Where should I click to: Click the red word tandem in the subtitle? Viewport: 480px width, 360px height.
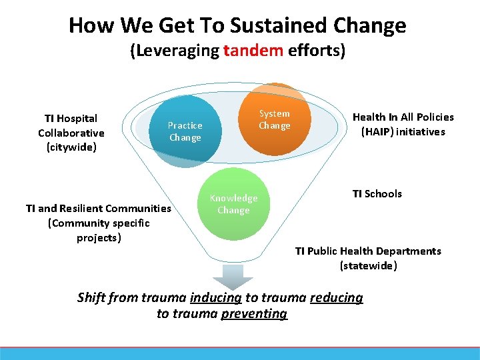coord(253,51)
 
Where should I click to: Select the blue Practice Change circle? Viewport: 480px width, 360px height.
coord(185,131)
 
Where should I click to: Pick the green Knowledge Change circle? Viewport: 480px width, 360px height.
coord(233,204)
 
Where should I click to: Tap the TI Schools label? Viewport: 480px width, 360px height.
coord(377,194)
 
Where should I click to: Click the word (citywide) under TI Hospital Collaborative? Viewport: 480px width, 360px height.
coord(71,147)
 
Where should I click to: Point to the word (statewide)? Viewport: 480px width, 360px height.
coord(368,265)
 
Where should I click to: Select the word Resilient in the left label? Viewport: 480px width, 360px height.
coord(85,209)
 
